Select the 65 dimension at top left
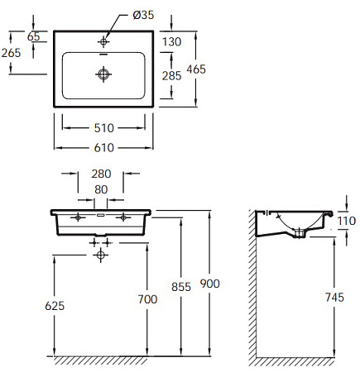[x=33, y=36]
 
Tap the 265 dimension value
[x=11, y=53]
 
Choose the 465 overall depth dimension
[x=218, y=69]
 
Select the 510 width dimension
[x=103, y=128]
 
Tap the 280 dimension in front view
[x=101, y=174]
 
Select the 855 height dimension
[x=180, y=287]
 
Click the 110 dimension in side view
[x=347, y=222]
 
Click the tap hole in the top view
[x=103, y=40]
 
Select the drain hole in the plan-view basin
[x=103, y=75]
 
